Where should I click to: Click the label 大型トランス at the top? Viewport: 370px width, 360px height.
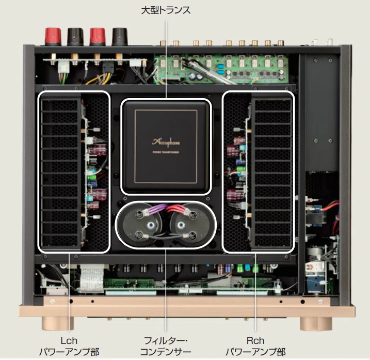[166, 10]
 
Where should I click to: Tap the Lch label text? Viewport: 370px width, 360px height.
[69, 340]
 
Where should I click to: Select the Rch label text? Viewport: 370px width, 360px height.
[255, 340]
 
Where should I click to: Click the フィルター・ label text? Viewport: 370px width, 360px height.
[166, 340]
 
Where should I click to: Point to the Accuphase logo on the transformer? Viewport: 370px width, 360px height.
[166, 142]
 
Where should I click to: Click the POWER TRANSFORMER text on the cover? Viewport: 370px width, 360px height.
[166, 152]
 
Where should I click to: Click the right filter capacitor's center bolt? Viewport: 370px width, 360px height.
[181, 225]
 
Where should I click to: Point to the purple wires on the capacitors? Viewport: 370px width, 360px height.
[153, 210]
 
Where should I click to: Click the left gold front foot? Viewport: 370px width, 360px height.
[58, 323]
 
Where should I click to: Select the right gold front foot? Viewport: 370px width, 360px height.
[316, 323]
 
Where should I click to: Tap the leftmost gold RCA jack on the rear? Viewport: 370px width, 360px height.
[163, 43]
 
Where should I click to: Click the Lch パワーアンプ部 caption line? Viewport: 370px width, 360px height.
[69, 352]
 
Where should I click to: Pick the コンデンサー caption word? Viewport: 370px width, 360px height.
[166, 352]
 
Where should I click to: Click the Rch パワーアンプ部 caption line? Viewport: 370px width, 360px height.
[255, 352]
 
